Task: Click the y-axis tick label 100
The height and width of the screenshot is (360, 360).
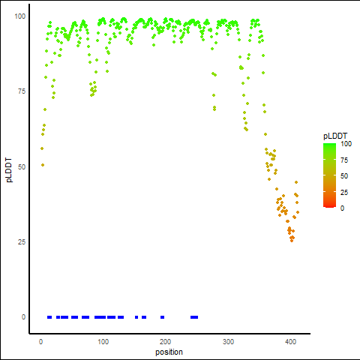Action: pyautogui.click(x=19, y=16)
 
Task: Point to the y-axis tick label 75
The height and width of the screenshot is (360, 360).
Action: pyautogui.click(x=22, y=91)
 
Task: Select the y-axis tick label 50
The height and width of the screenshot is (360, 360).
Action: pyautogui.click(x=22, y=166)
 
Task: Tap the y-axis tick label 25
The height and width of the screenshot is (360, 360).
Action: pyautogui.click(x=22, y=241)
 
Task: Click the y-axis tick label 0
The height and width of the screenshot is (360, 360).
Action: pyautogui.click(x=23, y=317)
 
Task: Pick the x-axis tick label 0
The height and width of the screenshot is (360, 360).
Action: pyautogui.click(x=40, y=342)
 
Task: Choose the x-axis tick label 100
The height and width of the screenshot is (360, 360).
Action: pyautogui.click(x=103, y=342)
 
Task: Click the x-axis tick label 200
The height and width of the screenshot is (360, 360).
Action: pyautogui.click(x=166, y=342)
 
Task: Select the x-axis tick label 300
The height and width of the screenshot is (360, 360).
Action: pyautogui.click(x=228, y=342)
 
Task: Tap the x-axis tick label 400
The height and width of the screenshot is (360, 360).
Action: pyautogui.click(x=290, y=342)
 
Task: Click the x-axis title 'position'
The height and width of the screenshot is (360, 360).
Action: pyautogui.click(x=169, y=352)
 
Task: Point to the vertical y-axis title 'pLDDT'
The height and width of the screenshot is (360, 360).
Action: pyautogui.click(x=9, y=170)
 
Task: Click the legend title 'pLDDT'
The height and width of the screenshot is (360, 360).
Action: pyautogui.click(x=335, y=136)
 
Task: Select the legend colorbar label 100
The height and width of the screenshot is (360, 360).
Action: pyautogui.click(x=346, y=144)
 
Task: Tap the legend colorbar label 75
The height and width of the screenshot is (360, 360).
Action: pyautogui.click(x=344, y=160)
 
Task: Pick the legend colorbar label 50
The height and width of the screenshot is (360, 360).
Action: pyautogui.click(x=344, y=176)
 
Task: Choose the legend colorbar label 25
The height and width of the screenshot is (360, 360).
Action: pyautogui.click(x=344, y=192)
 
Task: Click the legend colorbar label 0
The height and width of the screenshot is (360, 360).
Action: pyautogui.click(x=342, y=208)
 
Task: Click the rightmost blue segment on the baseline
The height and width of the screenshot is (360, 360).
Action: pyautogui.click(x=194, y=317)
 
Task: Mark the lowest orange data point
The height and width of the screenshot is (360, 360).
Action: pyautogui.click(x=292, y=241)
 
